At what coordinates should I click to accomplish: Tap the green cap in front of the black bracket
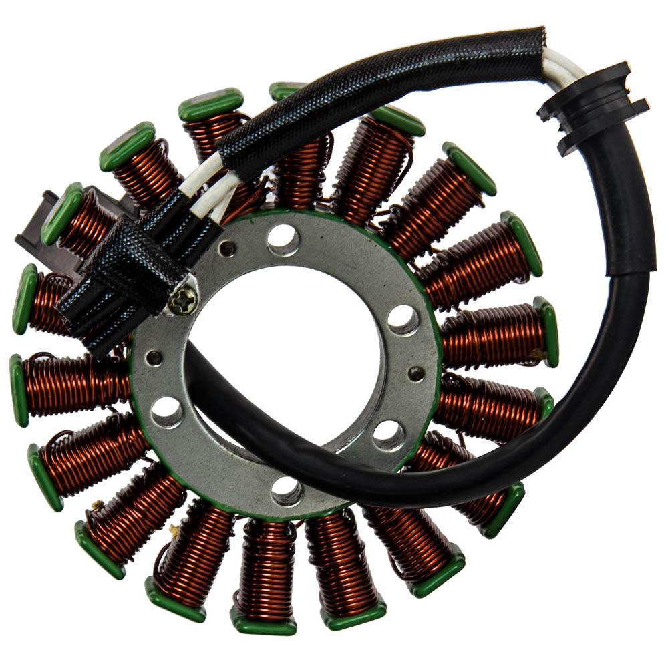[61, 214]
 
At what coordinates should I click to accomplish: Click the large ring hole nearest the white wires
[283, 238]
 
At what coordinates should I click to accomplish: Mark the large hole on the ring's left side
[167, 411]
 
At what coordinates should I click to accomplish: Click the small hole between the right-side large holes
[415, 374]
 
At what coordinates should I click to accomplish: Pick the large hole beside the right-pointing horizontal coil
[403, 319]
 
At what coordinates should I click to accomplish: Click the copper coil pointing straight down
[267, 568]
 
